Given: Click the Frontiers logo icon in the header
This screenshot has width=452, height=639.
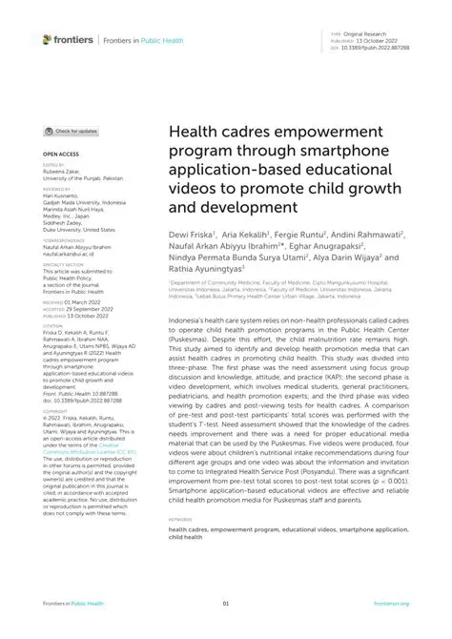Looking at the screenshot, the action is (48, 39).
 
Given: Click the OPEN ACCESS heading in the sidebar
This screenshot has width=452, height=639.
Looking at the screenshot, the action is (59, 153).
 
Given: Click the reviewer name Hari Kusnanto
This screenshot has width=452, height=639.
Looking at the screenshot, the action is (60, 196).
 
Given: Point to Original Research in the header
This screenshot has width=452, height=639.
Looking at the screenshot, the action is (363, 32).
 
